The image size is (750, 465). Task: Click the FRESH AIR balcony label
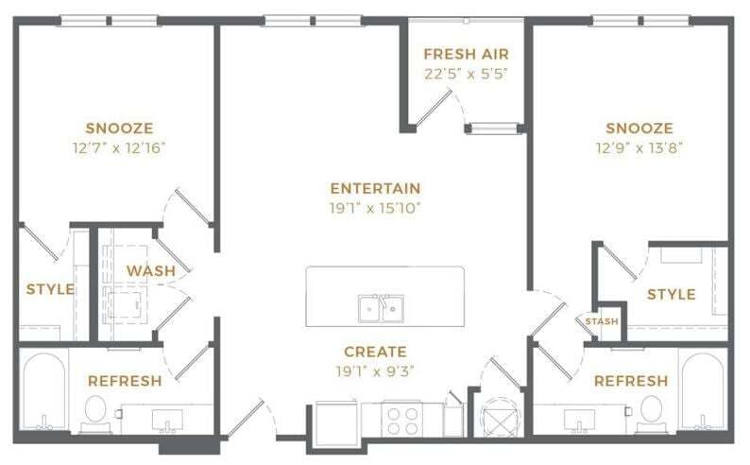pyautogui.click(x=466, y=54)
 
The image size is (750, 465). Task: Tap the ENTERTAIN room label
pyautogui.click(x=375, y=188)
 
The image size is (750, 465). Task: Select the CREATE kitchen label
pyautogui.click(x=375, y=352)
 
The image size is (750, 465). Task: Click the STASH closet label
pyautogui.click(x=602, y=322)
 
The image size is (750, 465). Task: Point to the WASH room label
pyautogui.click(x=151, y=271)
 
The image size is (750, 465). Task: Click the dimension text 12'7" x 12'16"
pyautogui.click(x=119, y=147)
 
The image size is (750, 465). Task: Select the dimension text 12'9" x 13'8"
pyautogui.click(x=639, y=147)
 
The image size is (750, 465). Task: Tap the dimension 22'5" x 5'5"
pyautogui.click(x=466, y=73)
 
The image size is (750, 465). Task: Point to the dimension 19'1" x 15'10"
pyautogui.click(x=375, y=207)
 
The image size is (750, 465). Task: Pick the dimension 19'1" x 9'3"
pyautogui.click(x=375, y=370)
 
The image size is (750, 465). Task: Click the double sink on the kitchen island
pyautogui.click(x=381, y=308)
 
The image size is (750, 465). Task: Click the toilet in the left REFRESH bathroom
pyautogui.click(x=95, y=411)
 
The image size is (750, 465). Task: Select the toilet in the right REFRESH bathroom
pyautogui.click(x=651, y=409)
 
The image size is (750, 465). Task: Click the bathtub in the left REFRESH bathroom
pyautogui.click(x=43, y=391)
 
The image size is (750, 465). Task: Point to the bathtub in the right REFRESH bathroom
pyautogui.click(x=703, y=391)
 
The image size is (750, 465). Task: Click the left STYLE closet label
pyautogui.click(x=50, y=289)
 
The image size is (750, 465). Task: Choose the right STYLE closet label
pyautogui.click(x=671, y=295)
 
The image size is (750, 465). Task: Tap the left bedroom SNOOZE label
pyautogui.click(x=119, y=129)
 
